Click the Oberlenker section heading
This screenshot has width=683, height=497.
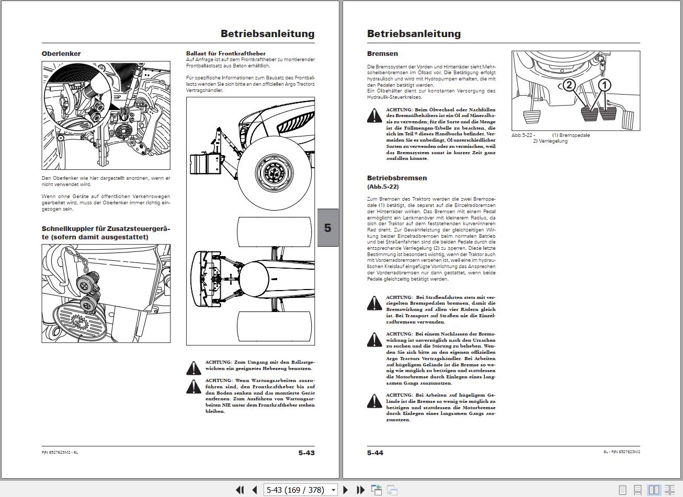pyautogui.click(x=61, y=54)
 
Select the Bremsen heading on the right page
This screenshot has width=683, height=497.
pyautogui.click(x=382, y=54)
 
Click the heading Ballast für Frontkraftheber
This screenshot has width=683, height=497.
pyautogui.click(x=226, y=53)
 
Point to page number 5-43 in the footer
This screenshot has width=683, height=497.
pyautogui.click(x=306, y=453)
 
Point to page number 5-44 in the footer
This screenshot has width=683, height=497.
pyautogui.click(x=375, y=453)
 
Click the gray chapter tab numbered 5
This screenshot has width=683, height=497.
pyautogui.click(x=328, y=228)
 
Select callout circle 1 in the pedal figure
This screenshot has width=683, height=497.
pyautogui.click(x=604, y=85)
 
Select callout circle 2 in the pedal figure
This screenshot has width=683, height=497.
pyautogui.click(x=569, y=85)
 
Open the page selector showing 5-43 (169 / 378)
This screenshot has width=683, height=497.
pyautogui.click(x=301, y=490)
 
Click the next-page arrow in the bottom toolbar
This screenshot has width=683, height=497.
pyautogui.click(x=345, y=490)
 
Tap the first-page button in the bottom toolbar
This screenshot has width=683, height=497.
pyautogui.click(x=240, y=490)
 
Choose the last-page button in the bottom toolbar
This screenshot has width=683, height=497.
pyautogui.click(x=360, y=490)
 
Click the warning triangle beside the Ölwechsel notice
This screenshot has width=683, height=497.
pyautogui.click(x=374, y=115)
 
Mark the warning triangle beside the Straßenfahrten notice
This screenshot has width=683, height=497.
pyautogui.click(x=374, y=303)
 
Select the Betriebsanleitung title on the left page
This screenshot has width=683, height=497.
pyautogui.click(x=267, y=34)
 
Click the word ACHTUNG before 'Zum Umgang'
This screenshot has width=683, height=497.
pyautogui.click(x=218, y=362)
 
